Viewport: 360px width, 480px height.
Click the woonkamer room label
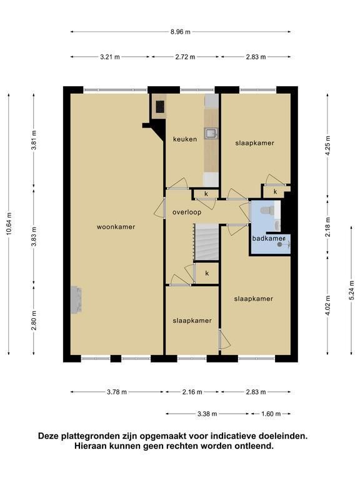pyautogui.click(x=116, y=227)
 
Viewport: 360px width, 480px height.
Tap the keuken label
pyautogui.click(x=185, y=139)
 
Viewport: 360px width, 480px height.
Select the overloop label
pyautogui.click(x=187, y=212)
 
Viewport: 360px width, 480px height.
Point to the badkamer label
pyautogui.click(x=269, y=238)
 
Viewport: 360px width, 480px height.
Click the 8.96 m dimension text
pyautogui.click(x=181, y=31)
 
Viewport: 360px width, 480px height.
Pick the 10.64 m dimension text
pyautogui.click(x=9, y=224)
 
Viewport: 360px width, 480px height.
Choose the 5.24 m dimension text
pyautogui.click(x=352, y=291)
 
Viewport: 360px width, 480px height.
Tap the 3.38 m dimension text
pyautogui.click(x=207, y=414)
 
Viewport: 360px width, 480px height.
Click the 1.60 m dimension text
pyautogui.click(x=271, y=414)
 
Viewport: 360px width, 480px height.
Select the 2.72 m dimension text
pyautogui.click(x=185, y=57)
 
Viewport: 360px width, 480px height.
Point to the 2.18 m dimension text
pyautogui.click(x=328, y=227)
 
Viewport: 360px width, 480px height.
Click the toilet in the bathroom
pyautogui.click(x=267, y=210)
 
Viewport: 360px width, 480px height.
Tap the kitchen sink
pyautogui.click(x=211, y=134)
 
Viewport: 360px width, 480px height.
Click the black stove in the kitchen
pyautogui.click(x=160, y=107)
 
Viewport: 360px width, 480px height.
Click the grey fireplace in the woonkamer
pyautogui.click(x=76, y=300)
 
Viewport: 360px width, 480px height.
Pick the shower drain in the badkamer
pyautogui.click(x=279, y=244)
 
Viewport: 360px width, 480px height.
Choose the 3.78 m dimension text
pyautogui.click(x=117, y=392)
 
